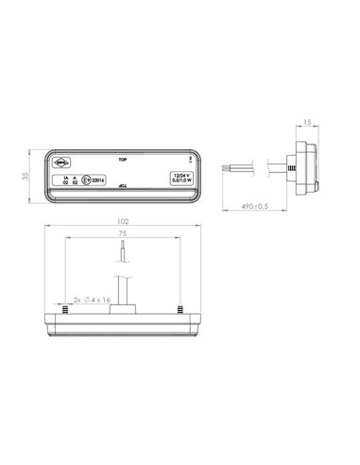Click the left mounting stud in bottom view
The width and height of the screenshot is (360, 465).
coord(62,309)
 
